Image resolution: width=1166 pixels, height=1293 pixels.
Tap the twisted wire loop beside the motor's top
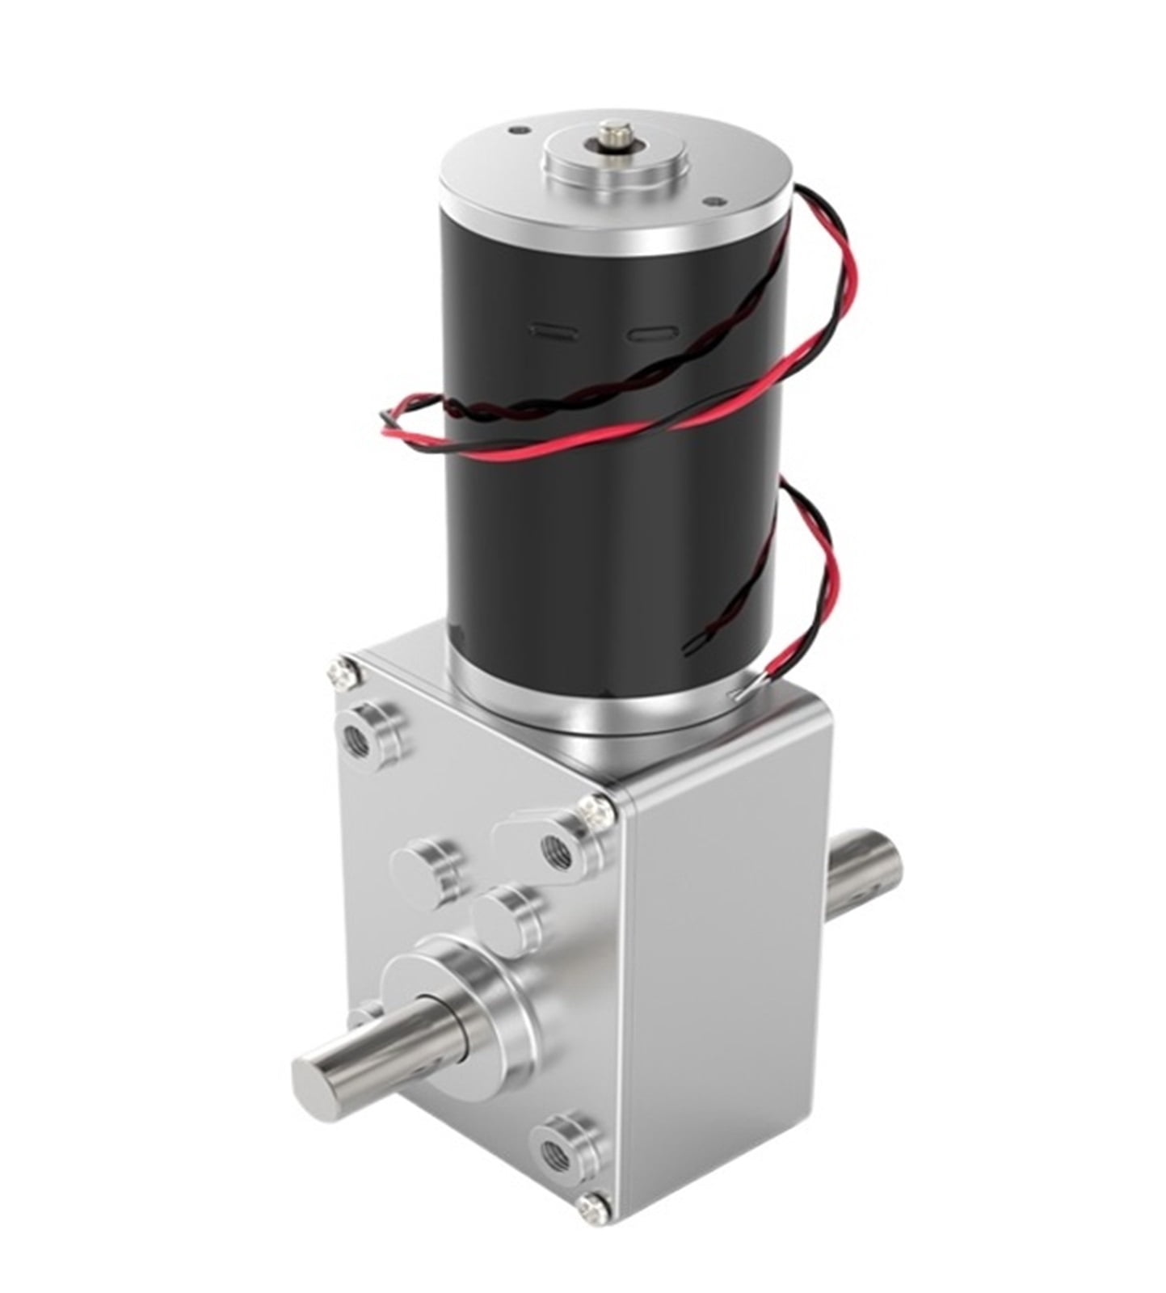coord(840,242)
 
